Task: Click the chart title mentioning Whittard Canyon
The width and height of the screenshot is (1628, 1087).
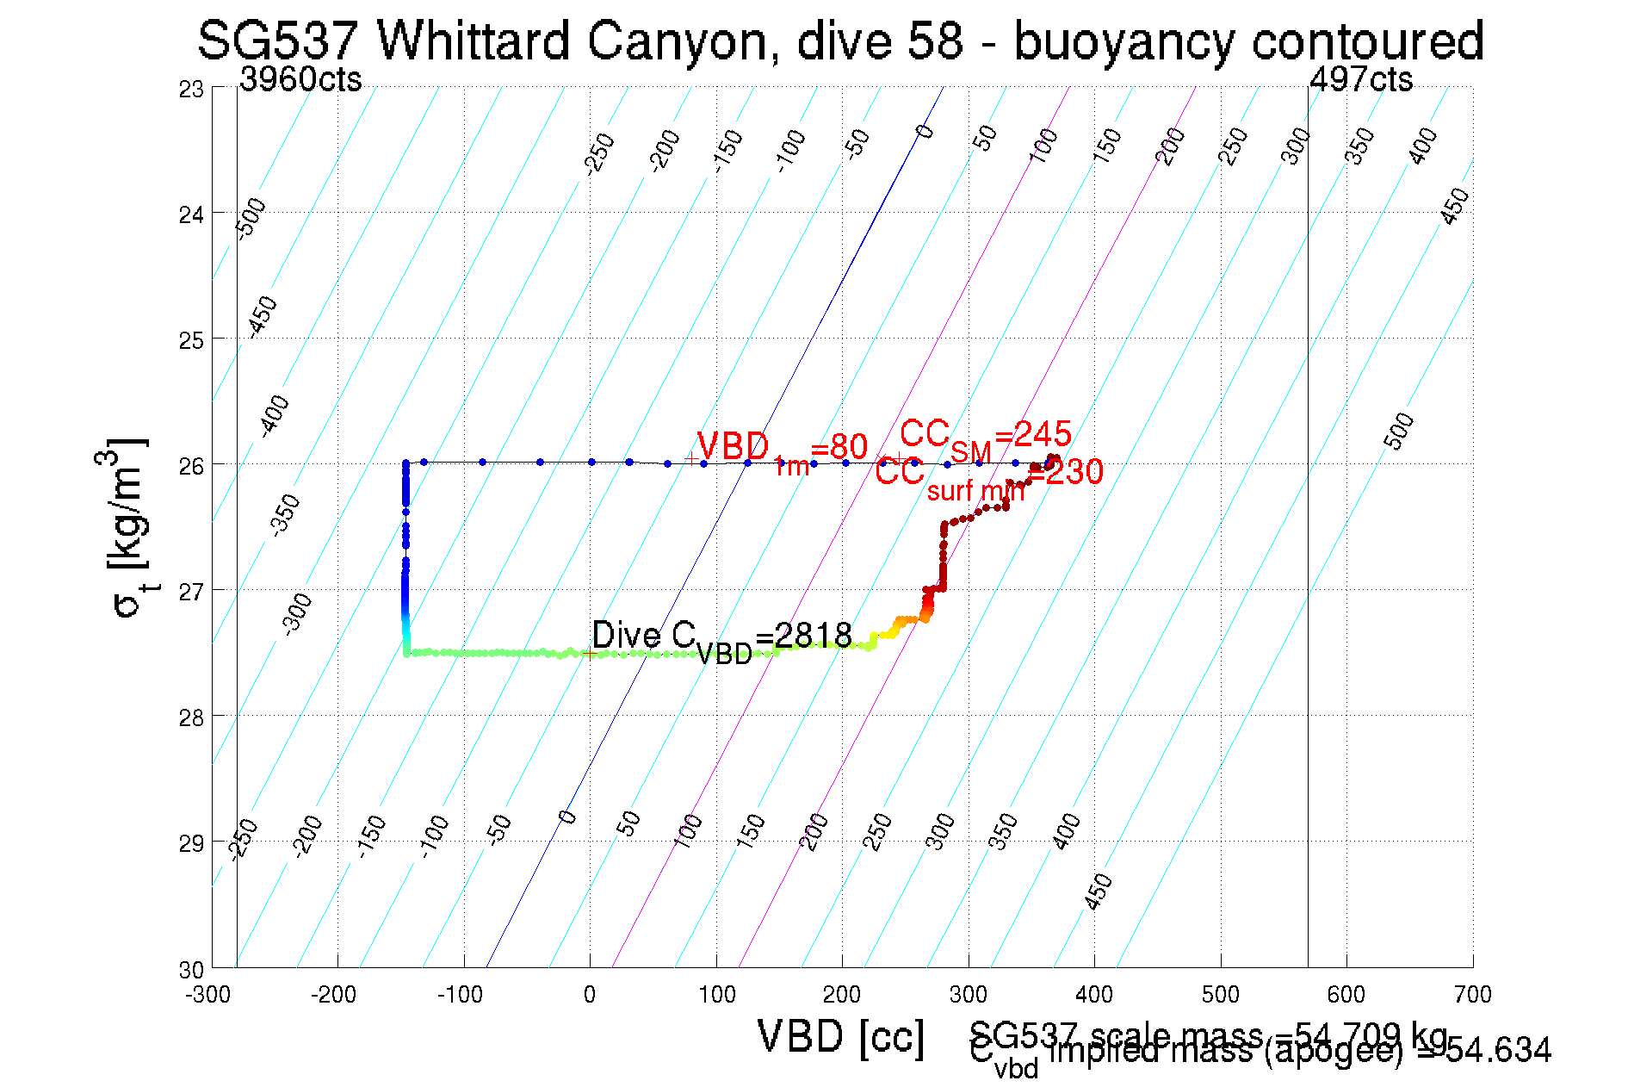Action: [x=840, y=40]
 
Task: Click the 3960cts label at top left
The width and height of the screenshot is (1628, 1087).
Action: [x=300, y=79]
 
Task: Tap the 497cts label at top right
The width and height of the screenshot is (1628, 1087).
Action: [x=1360, y=79]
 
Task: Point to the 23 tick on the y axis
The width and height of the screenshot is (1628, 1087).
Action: [x=191, y=90]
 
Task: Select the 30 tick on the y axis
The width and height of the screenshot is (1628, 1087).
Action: [x=191, y=970]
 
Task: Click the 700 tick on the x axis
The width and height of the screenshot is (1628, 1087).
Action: [x=1472, y=995]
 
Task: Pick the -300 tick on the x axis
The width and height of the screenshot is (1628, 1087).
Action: [x=208, y=995]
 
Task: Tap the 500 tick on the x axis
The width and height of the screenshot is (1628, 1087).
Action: [x=1220, y=995]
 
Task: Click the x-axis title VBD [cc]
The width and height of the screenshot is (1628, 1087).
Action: [x=841, y=1036]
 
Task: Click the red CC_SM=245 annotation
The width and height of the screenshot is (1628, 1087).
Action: [x=986, y=436]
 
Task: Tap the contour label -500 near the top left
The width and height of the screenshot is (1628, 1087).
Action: [x=251, y=218]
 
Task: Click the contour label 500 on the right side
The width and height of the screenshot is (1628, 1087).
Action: [x=1399, y=431]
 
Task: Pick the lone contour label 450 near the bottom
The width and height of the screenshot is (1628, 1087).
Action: [x=1099, y=891]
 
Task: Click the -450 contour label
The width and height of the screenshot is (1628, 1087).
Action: [x=262, y=316]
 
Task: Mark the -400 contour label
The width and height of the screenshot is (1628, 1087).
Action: [x=275, y=416]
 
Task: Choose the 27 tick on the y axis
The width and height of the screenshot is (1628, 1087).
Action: [x=191, y=592]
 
